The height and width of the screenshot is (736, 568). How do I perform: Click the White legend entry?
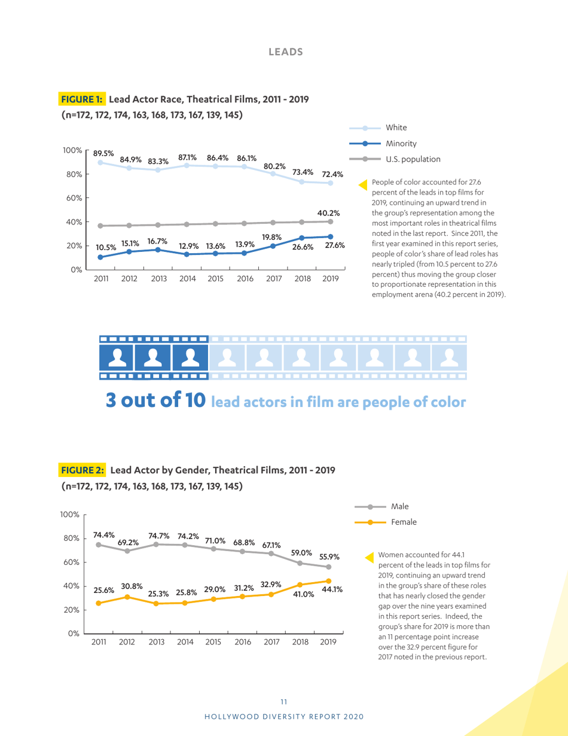(x=396, y=127)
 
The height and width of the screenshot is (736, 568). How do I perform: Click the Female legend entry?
(x=404, y=521)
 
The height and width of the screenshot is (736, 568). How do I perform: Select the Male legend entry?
(x=399, y=506)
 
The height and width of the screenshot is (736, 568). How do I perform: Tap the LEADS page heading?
(x=286, y=52)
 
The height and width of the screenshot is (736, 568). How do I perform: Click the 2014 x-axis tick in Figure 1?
(x=188, y=278)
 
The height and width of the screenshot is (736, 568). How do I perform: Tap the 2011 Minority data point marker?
(x=100, y=257)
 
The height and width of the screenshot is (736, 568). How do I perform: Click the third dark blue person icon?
(x=190, y=357)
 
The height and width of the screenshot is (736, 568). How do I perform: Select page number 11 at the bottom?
(x=283, y=699)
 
